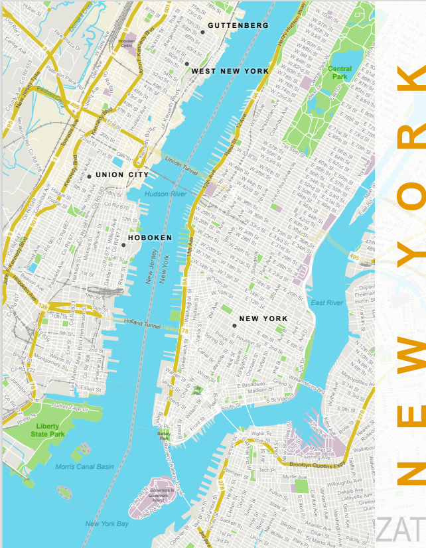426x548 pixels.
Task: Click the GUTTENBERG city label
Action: (238, 25)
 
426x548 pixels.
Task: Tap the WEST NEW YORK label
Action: (230, 71)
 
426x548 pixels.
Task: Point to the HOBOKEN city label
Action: (149, 238)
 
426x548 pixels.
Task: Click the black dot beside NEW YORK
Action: (234, 326)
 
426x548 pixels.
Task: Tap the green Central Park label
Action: (339, 72)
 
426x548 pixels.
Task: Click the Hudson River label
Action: (167, 194)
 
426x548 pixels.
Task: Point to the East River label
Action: (327, 303)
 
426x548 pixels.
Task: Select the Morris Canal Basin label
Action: (84, 466)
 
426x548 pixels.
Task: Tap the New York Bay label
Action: (106, 524)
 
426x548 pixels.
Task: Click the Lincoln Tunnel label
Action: (182, 162)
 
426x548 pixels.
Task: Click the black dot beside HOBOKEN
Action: (123, 245)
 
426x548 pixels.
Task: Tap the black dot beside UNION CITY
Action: (89, 176)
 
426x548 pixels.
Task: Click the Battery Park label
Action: (164, 436)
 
